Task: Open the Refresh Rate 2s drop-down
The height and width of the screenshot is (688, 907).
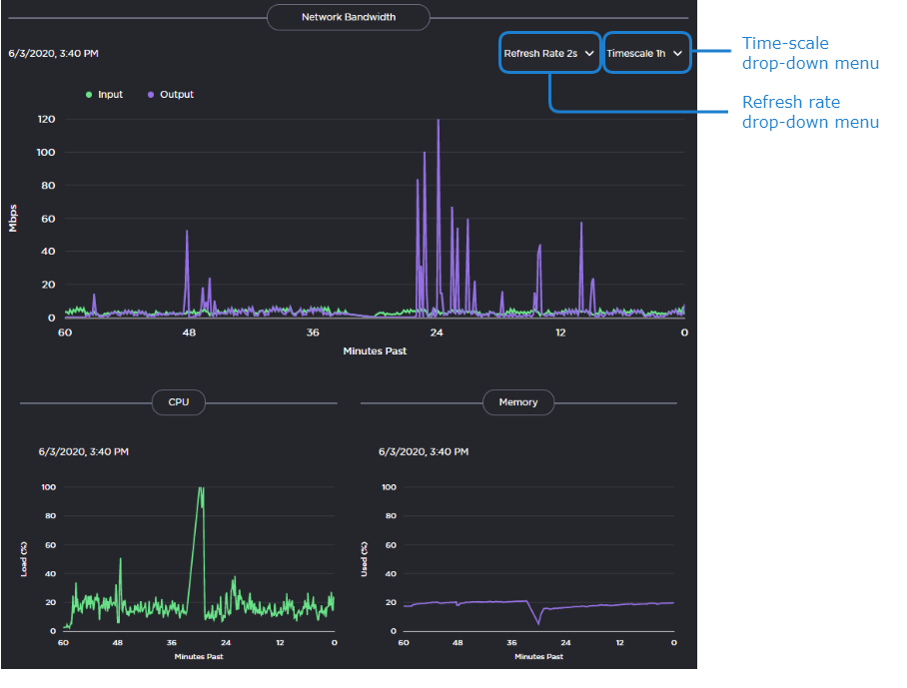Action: [x=549, y=53]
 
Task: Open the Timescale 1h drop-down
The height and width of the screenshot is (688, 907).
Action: [x=645, y=53]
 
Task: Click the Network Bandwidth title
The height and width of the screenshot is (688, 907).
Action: [x=348, y=17]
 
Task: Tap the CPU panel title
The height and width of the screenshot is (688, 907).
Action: [x=178, y=402]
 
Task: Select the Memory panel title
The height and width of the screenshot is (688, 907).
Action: [x=518, y=402]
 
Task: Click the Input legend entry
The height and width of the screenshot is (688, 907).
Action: [x=105, y=95]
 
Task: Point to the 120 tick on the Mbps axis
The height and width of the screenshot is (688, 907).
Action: [x=46, y=119]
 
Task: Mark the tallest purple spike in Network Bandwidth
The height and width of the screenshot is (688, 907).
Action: [x=438, y=121]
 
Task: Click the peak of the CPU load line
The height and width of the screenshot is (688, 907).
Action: [x=201, y=488]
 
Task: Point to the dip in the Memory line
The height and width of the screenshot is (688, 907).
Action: [x=538, y=624]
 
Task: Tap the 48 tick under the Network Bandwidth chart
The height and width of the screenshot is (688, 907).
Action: [x=189, y=333]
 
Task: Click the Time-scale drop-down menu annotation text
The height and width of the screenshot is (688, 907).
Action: [x=809, y=53]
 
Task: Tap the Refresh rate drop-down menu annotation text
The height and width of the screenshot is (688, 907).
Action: [x=809, y=112]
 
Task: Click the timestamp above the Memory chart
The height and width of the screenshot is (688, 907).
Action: [x=424, y=451]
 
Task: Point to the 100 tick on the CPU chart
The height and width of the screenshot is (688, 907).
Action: [x=48, y=487]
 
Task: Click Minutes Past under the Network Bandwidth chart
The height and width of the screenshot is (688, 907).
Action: [x=375, y=350]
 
